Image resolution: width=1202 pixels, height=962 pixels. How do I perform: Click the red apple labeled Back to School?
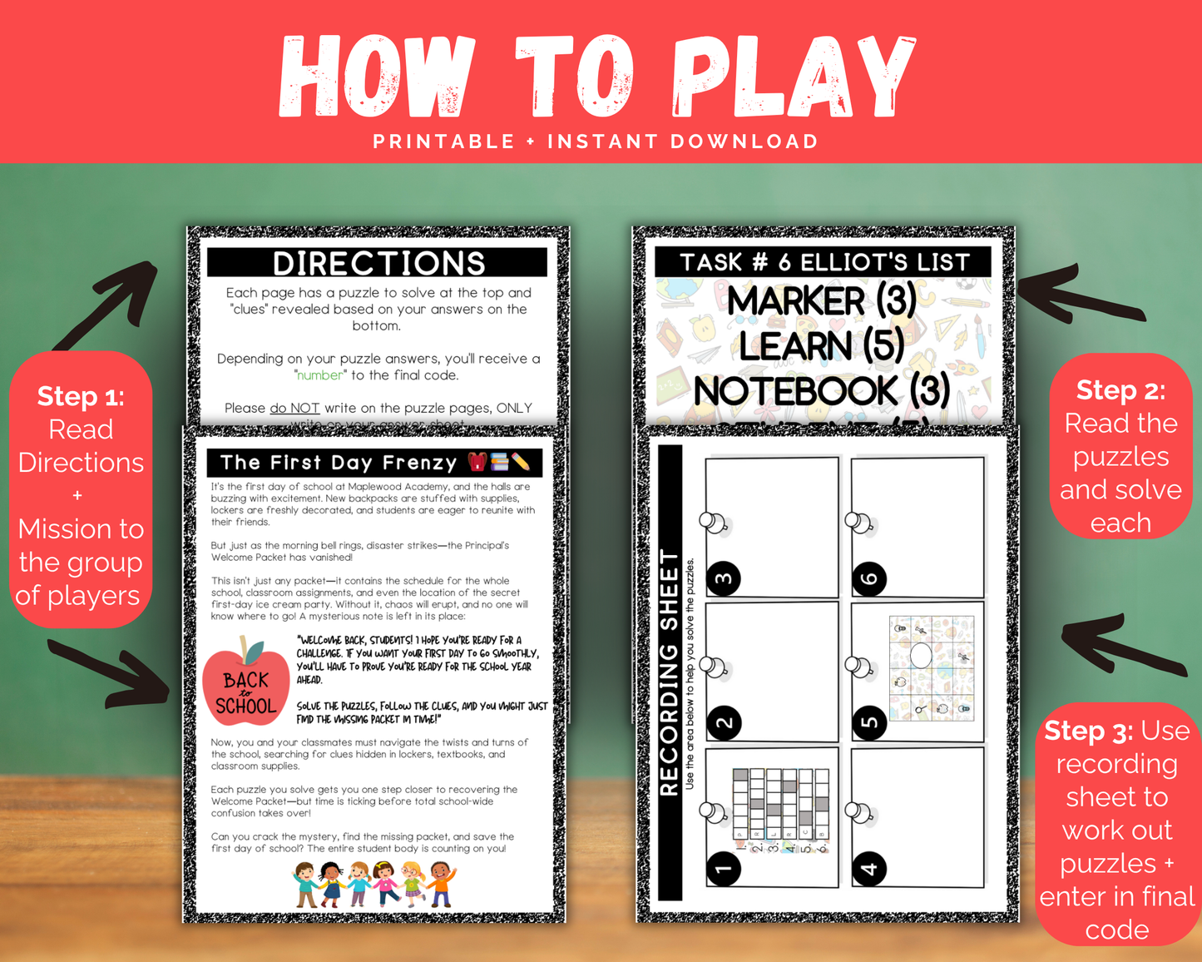point(246,684)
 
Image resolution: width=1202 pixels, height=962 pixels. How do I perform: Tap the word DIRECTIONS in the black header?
point(378,263)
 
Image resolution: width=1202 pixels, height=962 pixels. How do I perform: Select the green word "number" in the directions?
point(320,375)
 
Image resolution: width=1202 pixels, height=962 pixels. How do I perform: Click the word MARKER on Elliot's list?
point(796,300)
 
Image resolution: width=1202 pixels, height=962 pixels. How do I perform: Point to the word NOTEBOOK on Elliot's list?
point(796,391)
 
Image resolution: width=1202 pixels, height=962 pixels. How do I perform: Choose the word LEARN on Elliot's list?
point(796,345)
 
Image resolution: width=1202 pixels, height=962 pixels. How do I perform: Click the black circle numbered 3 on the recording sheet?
point(725,578)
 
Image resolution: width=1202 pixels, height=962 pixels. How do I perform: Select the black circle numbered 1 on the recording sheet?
point(725,869)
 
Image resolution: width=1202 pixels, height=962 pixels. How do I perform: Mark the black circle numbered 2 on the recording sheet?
point(725,722)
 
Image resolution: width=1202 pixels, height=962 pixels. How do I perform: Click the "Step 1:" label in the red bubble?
point(81,396)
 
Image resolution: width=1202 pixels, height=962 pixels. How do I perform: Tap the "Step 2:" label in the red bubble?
point(1120,389)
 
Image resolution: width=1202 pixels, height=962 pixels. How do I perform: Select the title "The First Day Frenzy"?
point(339,463)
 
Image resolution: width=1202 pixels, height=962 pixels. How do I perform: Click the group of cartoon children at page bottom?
point(374,884)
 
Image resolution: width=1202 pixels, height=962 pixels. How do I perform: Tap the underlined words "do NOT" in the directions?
point(294,408)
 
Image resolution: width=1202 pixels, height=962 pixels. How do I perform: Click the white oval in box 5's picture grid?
point(921,655)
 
